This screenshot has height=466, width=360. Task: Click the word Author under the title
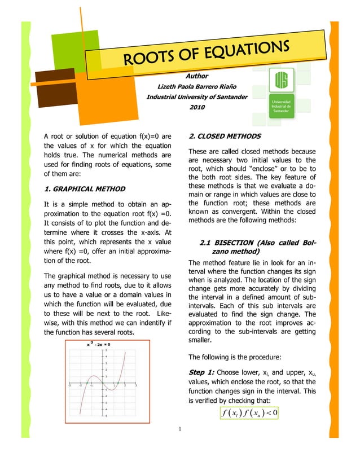(197, 76)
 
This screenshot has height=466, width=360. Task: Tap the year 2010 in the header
(197, 107)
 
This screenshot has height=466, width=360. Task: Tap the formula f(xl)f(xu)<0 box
(247, 413)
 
